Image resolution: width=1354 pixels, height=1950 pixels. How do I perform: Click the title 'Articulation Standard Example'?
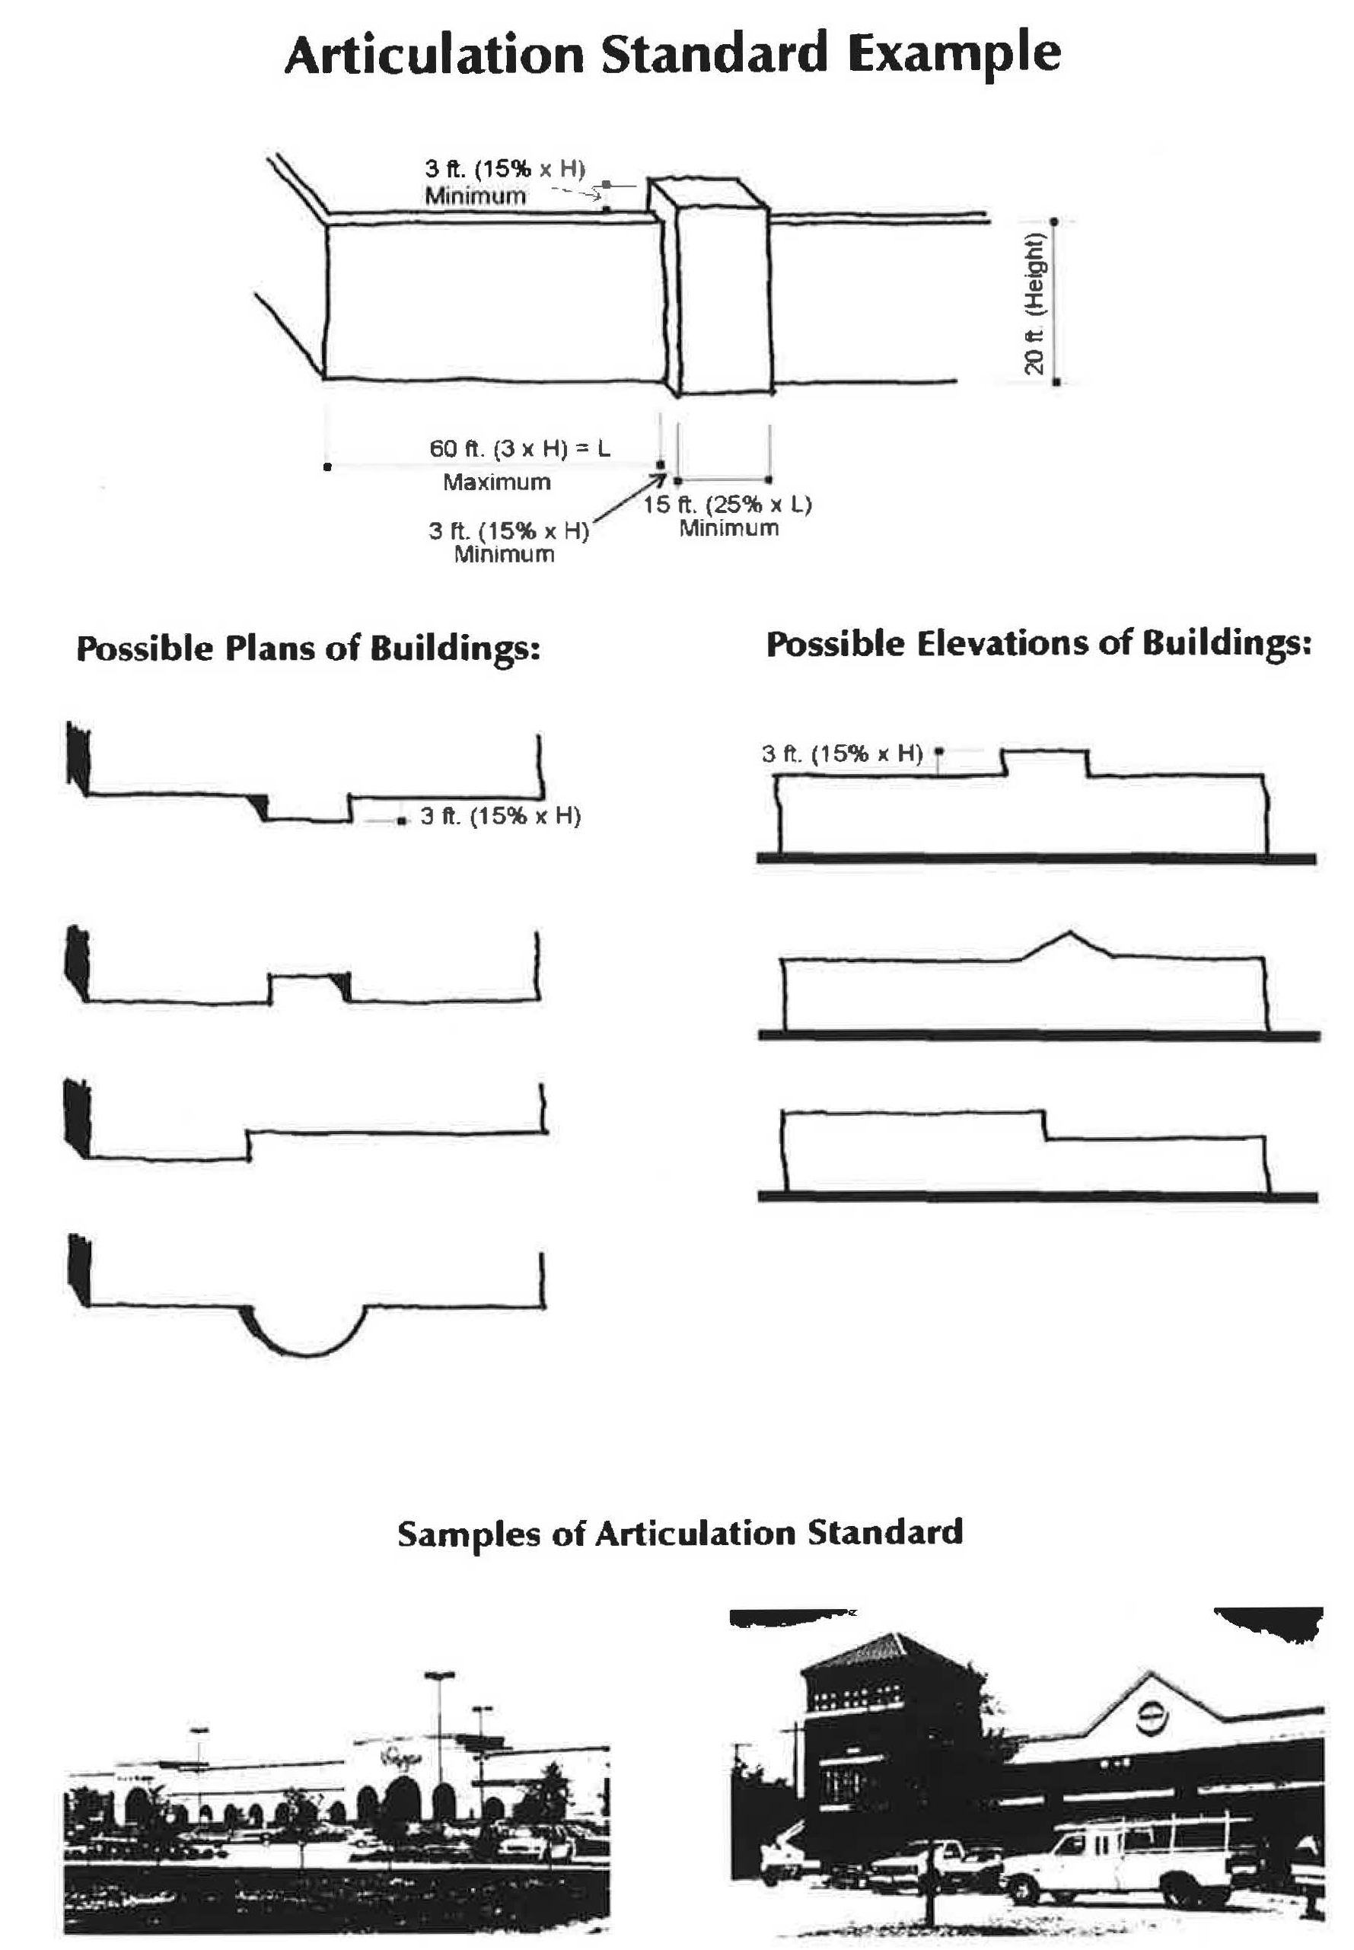[672, 54]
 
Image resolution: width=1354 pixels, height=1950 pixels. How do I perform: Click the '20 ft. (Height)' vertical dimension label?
[1034, 303]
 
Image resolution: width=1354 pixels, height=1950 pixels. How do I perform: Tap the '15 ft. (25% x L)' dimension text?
[727, 505]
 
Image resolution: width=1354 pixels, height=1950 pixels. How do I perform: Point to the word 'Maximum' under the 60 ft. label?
[496, 482]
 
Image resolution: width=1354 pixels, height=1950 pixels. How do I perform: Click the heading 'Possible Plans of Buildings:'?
[308, 649]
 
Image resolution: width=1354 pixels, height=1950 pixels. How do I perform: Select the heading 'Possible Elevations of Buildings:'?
[1038, 644]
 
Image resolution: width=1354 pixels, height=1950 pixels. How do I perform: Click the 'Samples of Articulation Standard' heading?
[680, 1533]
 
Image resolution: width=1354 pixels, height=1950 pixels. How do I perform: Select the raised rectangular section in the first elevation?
[1044, 763]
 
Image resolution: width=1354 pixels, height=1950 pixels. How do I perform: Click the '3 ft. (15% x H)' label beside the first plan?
[501, 816]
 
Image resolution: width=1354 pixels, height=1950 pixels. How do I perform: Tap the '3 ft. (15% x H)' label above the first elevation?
[842, 754]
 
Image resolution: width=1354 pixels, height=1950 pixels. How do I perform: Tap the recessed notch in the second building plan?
[307, 989]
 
